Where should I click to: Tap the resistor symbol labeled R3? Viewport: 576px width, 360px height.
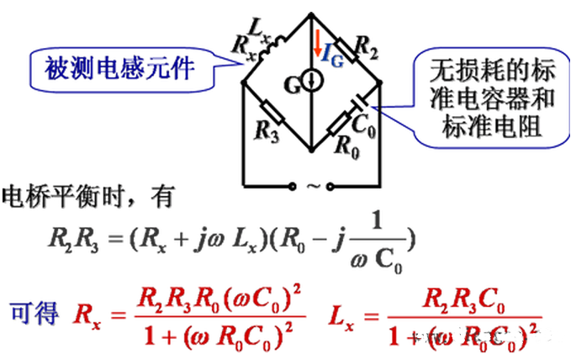272,112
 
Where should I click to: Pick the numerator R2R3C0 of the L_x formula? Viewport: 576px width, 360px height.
462,299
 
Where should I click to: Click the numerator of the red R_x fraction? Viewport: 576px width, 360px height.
210,298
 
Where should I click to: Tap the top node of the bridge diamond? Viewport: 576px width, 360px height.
311,13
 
